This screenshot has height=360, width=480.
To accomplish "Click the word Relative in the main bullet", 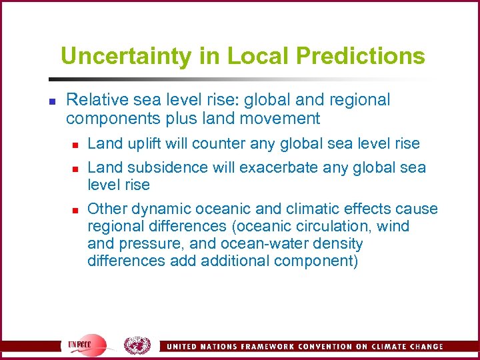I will pyautogui.click(x=93, y=100).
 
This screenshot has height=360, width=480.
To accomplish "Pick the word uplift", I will pyautogui.click(x=138, y=143).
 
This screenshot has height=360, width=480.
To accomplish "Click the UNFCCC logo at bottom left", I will pyautogui.click(x=86, y=345).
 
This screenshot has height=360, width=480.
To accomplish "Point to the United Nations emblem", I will pyautogui.click(x=137, y=345).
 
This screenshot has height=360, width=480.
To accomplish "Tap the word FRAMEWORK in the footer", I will pyautogui.click(x=256, y=347).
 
